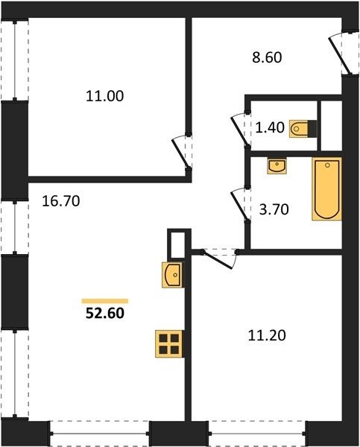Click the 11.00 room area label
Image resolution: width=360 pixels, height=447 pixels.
point(104,96)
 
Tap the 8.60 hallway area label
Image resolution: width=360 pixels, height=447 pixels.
point(267,57)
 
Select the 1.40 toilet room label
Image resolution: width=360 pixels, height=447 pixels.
point(270,127)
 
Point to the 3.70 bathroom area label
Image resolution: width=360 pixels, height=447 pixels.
point(274,209)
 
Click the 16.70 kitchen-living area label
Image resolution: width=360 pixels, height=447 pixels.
point(61,201)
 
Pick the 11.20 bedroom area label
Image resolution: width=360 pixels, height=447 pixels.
point(267,335)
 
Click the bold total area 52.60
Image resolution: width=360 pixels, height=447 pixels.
point(105,314)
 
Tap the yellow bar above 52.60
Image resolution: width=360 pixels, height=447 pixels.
point(105,301)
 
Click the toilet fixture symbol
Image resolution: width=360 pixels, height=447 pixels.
point(303,129)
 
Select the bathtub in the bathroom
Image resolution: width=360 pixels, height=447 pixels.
point(327,188)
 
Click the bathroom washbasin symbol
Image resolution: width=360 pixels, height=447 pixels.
point(277,166)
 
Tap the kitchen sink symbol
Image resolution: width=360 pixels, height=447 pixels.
point(173,275)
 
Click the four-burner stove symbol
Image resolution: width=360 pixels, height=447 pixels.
point(169,343)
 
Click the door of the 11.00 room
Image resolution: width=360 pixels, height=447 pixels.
point(181,153)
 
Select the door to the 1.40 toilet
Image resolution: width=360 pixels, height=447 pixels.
point(241,130)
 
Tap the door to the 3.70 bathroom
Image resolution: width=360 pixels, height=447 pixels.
point(241,204)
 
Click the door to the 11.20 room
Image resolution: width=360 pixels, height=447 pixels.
point(220,259)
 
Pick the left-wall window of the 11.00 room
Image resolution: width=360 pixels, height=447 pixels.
point(15,60)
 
